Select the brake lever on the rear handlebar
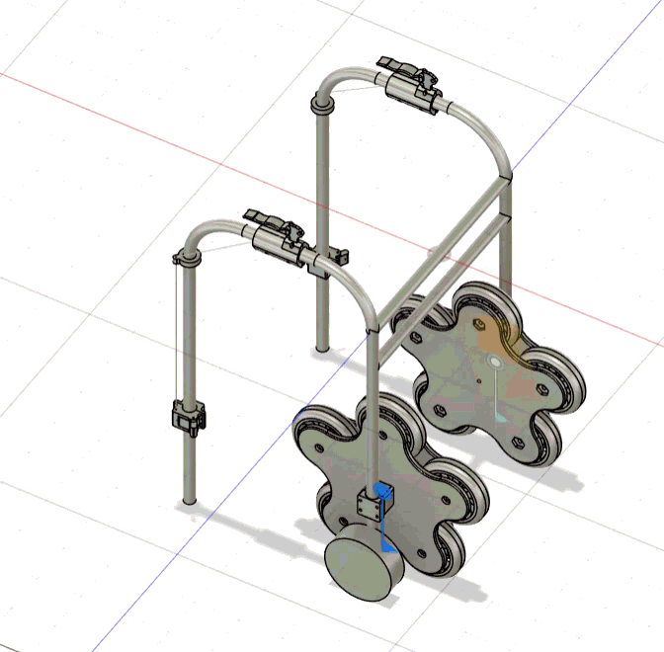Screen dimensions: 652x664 click(397, 67)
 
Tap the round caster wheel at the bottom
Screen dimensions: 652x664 click(363, 571)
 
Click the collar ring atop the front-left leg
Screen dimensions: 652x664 click(187, 258)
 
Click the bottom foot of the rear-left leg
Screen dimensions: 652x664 click(321, 348)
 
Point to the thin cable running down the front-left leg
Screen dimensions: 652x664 click(177, 336)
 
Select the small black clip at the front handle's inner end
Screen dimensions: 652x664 click(342, 256)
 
